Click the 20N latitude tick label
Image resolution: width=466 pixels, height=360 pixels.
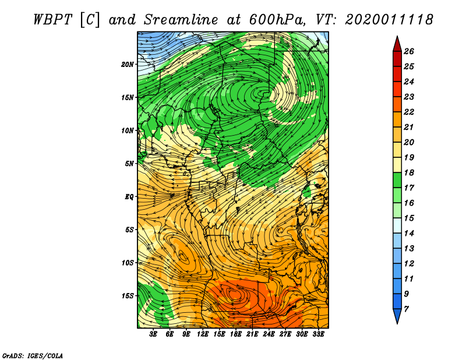click(x=127, y=65)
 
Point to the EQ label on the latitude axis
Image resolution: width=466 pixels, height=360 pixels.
click(x=129, y=197)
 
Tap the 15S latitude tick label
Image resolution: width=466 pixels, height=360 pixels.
click(x=127, y=296)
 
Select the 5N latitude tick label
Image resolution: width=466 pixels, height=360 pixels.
click(x=129, y=164)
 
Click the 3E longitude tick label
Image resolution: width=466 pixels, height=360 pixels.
click(x=153, y=334)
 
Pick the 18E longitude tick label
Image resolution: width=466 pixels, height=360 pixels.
click(x=236, y=334)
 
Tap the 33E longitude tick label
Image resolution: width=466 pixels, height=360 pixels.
click(x=318, y=334)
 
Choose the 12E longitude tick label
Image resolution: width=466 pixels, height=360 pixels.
click(x=203, y=334)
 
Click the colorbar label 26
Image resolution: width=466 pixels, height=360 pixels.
click(x=409, y=51)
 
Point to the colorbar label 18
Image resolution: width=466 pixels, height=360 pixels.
click(x=409, y=172)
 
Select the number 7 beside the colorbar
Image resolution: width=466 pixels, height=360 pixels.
click(x=406, y=309)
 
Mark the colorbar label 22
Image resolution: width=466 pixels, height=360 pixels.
click(x=409, y=112)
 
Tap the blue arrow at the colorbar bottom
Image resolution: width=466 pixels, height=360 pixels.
click(x=397, y=316)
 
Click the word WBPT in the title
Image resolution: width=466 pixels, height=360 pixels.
click(x=52, y=20)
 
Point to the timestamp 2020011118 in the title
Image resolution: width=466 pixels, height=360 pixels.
click(x=389, y=20)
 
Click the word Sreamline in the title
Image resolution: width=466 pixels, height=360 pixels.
click(x=181, y=20)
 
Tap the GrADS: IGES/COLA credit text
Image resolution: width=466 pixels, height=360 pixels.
click(x=33, y=355)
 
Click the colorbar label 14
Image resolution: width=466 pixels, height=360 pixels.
click(x=409, y=234)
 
